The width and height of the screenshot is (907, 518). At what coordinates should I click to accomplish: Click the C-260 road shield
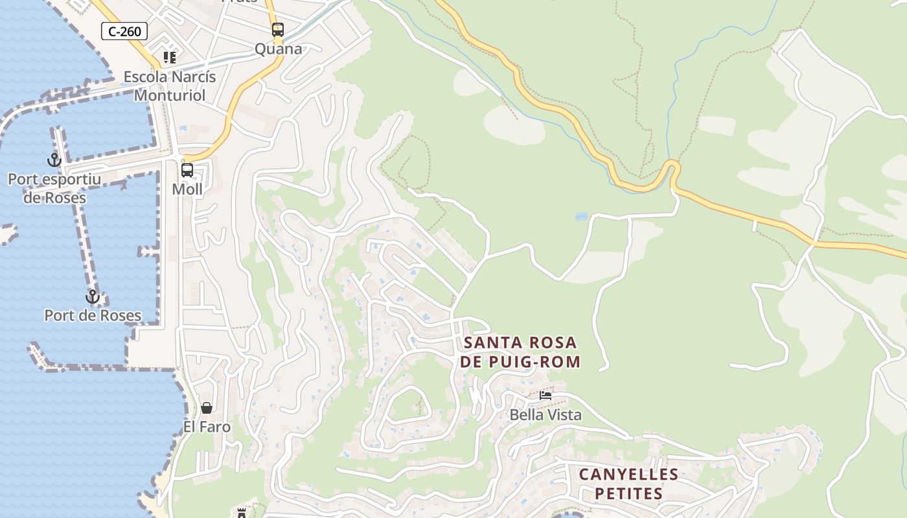[124, 31]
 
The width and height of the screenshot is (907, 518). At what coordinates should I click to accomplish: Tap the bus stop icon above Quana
[278, 30]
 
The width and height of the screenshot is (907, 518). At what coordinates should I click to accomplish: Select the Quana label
[278, 49]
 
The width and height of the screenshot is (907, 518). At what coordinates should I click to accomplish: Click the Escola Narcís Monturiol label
[170, 85]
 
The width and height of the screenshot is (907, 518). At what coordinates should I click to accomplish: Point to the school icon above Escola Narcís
[170, 58]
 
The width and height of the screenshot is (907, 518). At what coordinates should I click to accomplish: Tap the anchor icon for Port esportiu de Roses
[54, 159]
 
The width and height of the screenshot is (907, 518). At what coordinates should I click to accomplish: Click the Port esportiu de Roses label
[54, 188]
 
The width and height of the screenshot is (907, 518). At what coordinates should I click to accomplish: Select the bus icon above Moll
[187, 170]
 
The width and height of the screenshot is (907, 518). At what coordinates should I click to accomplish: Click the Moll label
[187, 189]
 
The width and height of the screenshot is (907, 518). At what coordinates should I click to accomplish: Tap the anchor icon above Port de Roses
[93, 297]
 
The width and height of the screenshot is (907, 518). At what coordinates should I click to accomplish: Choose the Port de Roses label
[93, 315]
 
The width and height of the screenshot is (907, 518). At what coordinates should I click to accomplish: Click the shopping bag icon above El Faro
[207, 408]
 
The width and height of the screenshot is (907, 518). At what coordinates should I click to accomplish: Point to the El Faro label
[207, 427]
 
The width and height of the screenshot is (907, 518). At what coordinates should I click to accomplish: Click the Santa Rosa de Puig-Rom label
[520, 352]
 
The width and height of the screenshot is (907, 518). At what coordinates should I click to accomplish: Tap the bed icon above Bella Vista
[545, 396]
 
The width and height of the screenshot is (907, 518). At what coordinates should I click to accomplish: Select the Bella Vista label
[545, 414]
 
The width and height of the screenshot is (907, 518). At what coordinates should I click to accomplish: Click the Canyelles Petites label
[628, 484]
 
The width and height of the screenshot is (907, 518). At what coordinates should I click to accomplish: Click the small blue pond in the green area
[581, 216]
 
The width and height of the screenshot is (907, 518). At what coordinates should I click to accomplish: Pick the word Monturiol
[170, 95]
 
